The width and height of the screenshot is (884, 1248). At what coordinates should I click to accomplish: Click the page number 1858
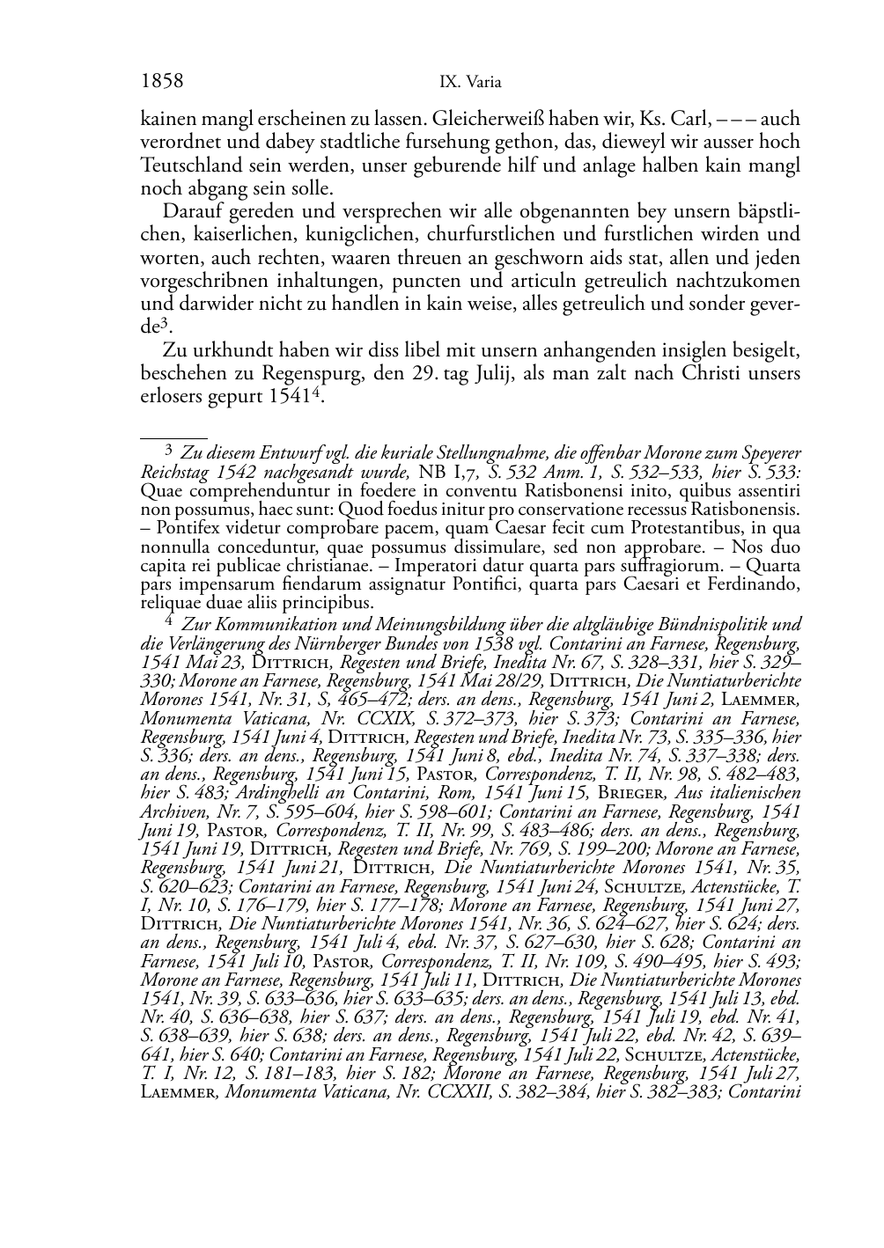[x=162, y=82]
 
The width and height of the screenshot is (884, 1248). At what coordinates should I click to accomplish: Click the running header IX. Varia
[x=469, y=83]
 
